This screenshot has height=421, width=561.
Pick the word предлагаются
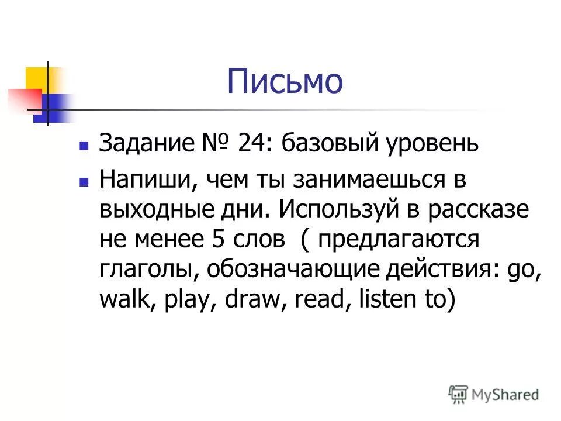pyautogui.click(x=409, y=239)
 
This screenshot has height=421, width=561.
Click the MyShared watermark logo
pyautogui.click(x=494, y=394)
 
